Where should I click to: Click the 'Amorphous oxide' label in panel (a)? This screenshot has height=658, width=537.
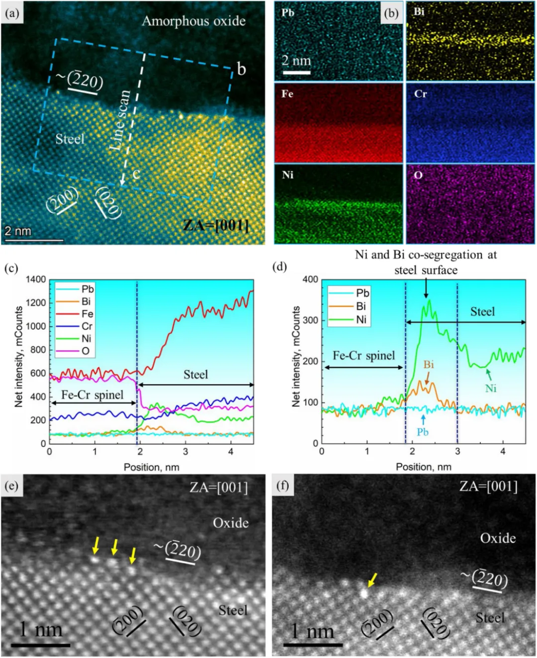pyautogui.click(x=193, y=21)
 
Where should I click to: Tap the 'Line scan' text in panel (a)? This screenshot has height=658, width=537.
pyautogui.click(x=121, y=120)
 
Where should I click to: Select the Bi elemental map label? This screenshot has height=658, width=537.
pyautogui.click(x=419, y=11)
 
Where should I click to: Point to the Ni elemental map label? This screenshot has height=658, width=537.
pyautogui.click(x=288, y=175)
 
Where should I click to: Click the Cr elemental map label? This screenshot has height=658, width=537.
pyautogui.click(x=420, y=94)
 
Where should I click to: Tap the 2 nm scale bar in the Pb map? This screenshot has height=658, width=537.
pyautogui.click(x=296, y=73)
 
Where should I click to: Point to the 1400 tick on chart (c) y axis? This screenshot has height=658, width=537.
pyautogui.click(x=36, y=279)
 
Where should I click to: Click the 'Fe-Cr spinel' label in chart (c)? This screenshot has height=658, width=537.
pyautogui.click(x=92, y=395)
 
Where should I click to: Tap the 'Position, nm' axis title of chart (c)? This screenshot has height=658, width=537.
pyautogui.click(x=151, y=467)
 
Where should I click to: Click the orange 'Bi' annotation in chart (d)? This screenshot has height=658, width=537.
pyautogui.click(x=428, y=365)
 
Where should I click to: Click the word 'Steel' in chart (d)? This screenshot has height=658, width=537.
pyautogui.click(x=482, y=312)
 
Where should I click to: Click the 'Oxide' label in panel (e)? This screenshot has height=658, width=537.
pyautogui.click(x=231, y=523)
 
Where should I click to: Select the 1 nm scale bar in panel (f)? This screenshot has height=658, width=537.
pyautogui.click(x=313, y=645)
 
